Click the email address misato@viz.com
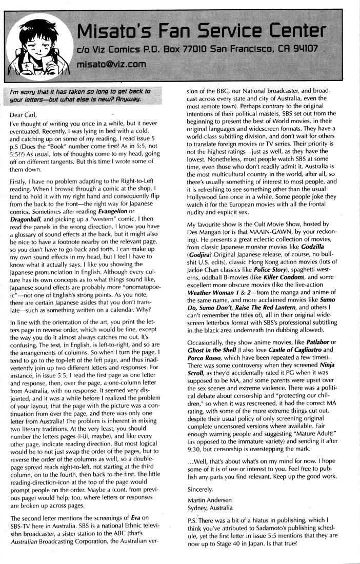point(110,65)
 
